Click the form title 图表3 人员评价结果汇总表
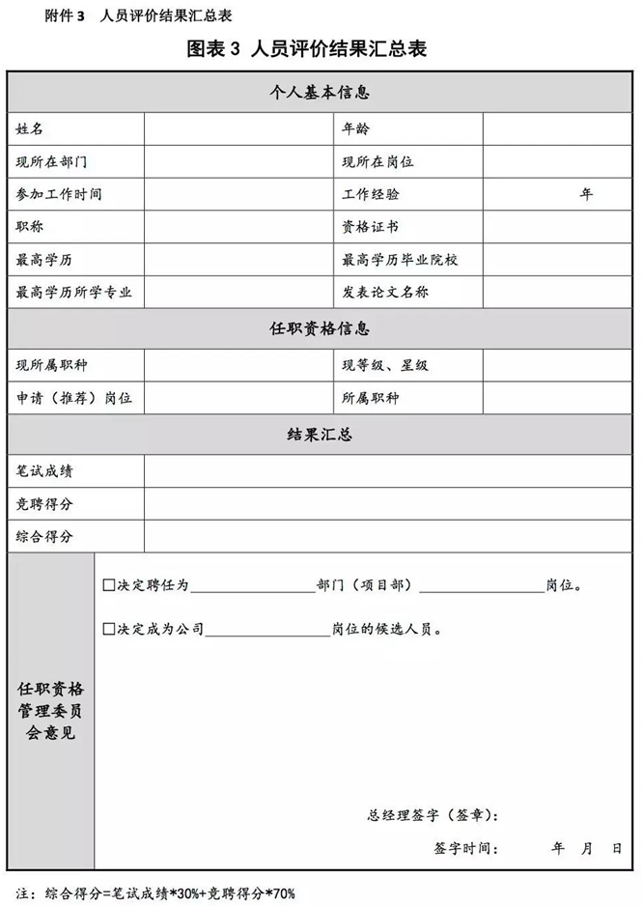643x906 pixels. [x=321, y=48]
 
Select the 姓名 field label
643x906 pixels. [x=30, y=128]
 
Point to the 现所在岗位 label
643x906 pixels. [x=377, y=161]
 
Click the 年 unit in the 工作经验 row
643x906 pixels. [x=586, y=194]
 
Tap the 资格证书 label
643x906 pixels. [x=370, y=227]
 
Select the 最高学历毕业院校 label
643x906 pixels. [x=398, y=260]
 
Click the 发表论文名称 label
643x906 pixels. [x=384, y=292]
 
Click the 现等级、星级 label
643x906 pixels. [x=384, y=365]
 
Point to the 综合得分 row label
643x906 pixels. [x=44, y=536]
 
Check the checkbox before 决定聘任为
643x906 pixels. [x=108, y=585]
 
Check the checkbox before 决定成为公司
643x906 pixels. [x=108, y=630]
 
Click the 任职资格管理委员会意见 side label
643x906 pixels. [x=50, y=711]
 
